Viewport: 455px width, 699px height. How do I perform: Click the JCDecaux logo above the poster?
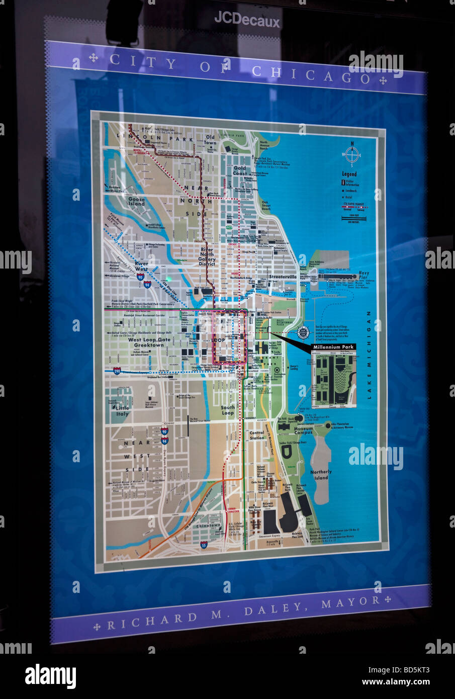coord(247,19)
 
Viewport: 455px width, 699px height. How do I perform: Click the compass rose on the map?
coord(352,154)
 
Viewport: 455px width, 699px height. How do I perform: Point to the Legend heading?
coord(349,174)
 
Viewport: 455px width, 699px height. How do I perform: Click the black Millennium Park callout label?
coord(333,347)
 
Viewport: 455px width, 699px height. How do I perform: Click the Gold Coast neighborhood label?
coord(240,170)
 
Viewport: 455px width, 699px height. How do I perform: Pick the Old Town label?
coord(210,139)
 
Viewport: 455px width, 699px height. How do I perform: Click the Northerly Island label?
coord(321,474)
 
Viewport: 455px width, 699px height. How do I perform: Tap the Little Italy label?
coord(122,410)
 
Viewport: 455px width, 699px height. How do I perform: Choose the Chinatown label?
coord(208,526)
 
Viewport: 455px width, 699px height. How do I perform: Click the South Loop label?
coord(228,410)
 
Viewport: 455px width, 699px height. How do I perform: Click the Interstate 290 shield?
coord(117,371)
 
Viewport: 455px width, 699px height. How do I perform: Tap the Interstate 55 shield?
coord(203,545)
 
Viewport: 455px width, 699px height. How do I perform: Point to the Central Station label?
coord(256,435)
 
